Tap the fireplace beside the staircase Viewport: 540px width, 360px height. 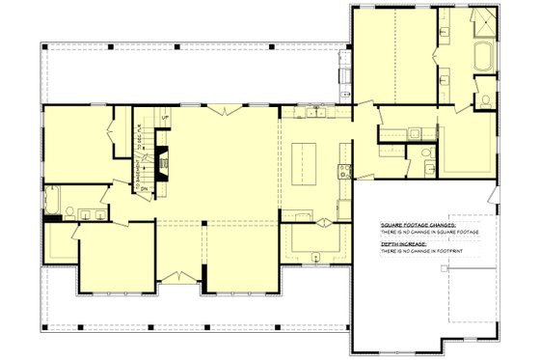tap(164, 159)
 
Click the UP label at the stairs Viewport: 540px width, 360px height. tap(166, 119)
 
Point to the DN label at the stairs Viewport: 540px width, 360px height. tap(143, 189)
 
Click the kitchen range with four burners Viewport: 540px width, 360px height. tap(343, 173)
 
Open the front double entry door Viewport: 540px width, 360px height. tap(178, 278)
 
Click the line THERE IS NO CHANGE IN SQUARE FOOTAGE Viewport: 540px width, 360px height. tap(429, 233)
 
